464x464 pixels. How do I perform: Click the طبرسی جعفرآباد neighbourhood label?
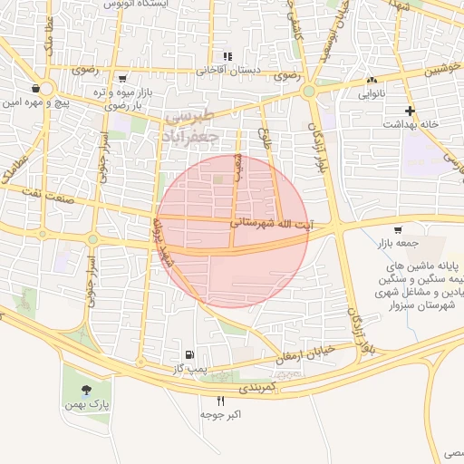pos(191,126)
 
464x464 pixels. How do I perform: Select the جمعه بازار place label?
pos(399,243)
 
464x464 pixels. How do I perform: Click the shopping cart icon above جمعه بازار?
pos(399,228)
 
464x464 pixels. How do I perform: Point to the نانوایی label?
pos(372,93)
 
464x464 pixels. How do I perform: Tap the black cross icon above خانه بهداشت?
pos(411,111)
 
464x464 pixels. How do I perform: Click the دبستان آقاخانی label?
pos(229,70)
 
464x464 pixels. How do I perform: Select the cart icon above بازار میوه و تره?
pos(122,79)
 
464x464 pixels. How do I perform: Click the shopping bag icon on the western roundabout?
pos(35,89)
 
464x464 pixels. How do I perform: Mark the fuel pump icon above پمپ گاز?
pos(188,354)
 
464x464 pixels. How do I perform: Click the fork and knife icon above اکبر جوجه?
pos(220,400)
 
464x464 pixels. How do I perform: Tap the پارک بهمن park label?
pos(92,402)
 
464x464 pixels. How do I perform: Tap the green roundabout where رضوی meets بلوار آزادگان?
pos(309,91)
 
